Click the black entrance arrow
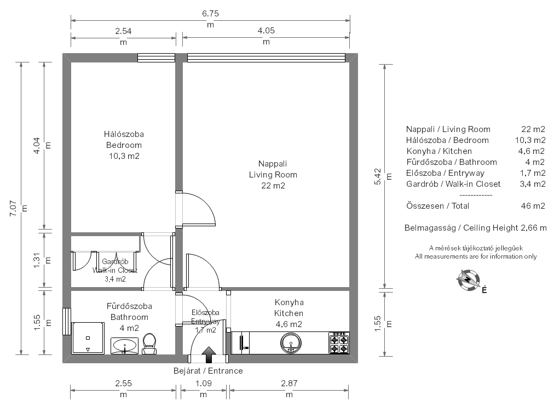[209, 354]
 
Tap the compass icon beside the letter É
[468, 280]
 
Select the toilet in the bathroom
[149, 344]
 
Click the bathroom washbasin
[125, 346]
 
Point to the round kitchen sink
[291, 343]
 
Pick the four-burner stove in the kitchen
[339, 343]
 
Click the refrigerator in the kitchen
[240, 343]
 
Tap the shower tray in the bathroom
[88, 338]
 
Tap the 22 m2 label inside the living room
[273, 185]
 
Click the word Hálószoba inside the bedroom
[124, 134]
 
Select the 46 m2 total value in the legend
[533, 206]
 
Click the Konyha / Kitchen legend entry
[439, 151]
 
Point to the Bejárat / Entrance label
[208, 371]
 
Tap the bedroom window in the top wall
[157, 58]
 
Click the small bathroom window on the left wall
[67, 322]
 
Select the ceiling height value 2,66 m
[534, 228]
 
